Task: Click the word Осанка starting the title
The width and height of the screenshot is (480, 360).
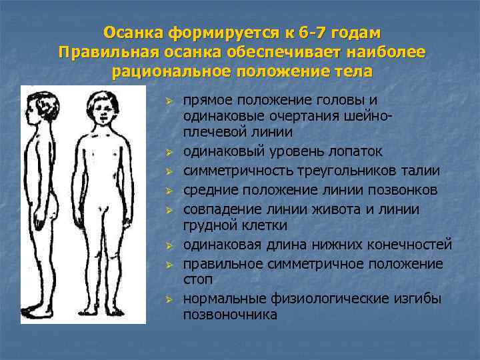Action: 133,33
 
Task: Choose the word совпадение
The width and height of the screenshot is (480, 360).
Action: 223,209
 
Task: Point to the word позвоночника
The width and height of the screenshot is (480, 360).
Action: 230,314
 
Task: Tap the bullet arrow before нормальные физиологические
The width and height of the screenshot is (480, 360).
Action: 170,299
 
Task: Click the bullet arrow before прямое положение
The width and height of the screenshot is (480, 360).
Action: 170,101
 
